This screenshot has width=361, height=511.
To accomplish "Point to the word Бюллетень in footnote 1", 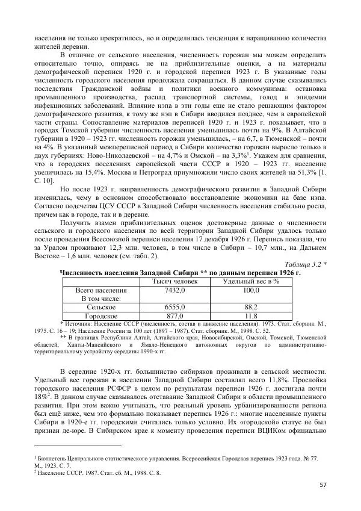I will [54, 459].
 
